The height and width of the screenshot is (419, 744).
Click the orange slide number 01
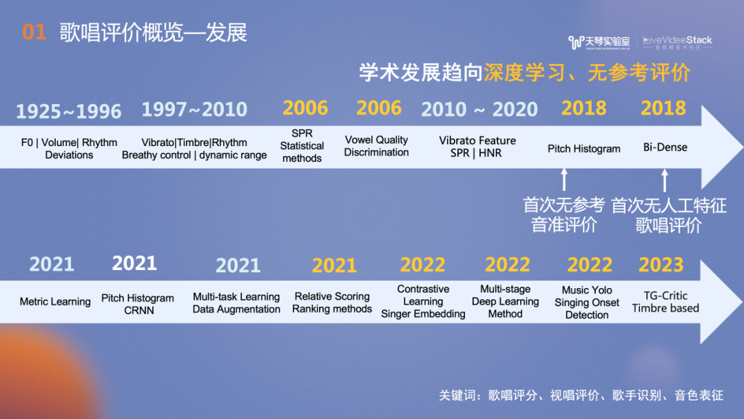tap(34, 32)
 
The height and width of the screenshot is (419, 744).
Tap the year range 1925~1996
tap(69, 112)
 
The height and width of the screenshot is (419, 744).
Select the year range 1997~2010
tap(194, 110)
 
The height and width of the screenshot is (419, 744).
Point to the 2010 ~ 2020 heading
tap(479, 110)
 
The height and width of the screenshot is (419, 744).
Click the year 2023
tap(661, 265)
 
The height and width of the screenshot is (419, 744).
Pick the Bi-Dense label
tap(665, 147)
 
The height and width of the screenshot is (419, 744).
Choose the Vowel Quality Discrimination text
tap(376, 146)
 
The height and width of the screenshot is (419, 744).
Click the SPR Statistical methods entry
tap(302, 145)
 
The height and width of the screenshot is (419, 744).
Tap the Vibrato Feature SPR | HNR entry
tap(477, 147)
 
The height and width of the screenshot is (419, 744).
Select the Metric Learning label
tap(55, 302)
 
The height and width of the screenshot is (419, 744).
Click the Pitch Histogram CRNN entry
tap(138, 304)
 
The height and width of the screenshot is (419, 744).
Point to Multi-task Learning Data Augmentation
tap(236, 303)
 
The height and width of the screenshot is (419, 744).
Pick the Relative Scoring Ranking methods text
tap(332, 303)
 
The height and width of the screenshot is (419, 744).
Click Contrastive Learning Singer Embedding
tap(423, 301)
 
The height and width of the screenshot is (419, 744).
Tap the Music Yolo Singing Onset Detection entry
tap(587, 303)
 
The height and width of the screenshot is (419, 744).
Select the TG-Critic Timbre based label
tap(665, 302)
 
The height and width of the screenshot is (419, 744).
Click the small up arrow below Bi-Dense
tap(665, 181)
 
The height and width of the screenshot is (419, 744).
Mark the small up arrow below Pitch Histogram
tap(564, 179)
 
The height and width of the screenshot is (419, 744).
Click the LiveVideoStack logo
tap(678, 42)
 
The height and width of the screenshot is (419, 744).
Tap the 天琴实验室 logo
tap(599, 42)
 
